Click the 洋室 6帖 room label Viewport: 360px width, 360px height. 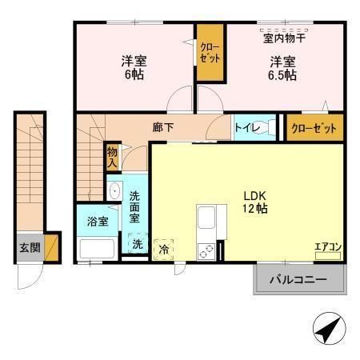pos(134,67)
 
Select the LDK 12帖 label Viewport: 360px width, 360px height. pos(254,201)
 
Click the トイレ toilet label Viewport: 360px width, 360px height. pos(245,126)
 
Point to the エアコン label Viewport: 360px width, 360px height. pos(327,246)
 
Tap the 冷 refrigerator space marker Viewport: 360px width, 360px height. pos(163,249)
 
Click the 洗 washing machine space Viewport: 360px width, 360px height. pos(137,244)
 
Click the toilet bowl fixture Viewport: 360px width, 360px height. pos(270,126)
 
